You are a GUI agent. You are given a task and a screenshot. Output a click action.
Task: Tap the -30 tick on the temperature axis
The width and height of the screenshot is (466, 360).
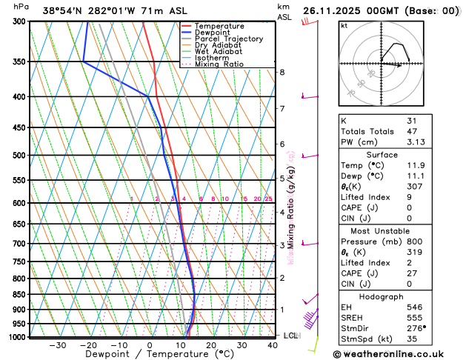point(57,345)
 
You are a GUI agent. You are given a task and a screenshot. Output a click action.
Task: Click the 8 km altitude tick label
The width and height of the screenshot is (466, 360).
point(282,72)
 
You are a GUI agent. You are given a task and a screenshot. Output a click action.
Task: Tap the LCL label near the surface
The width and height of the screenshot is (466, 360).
point(291,336)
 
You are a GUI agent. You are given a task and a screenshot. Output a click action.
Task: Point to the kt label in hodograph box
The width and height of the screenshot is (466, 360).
point(344,25)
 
